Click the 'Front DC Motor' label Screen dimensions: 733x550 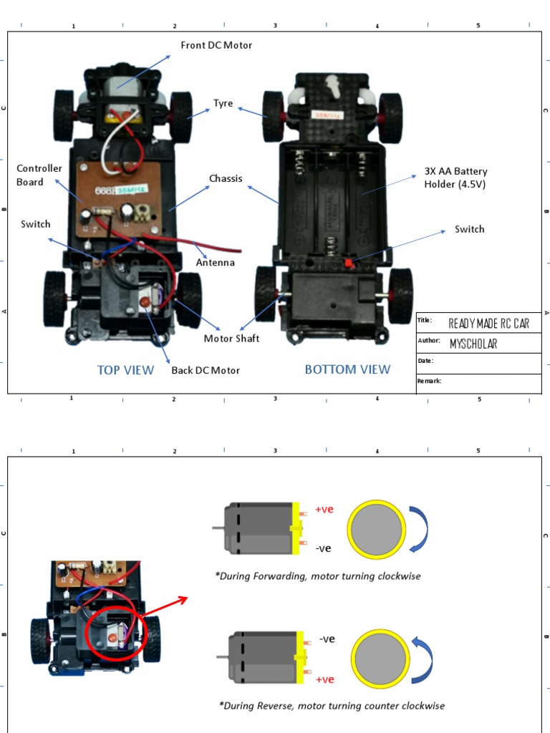point(216,45)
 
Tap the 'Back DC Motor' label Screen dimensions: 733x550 point(206,370)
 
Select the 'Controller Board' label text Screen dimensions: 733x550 point(39,175)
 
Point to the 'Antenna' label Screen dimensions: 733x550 point(216,263)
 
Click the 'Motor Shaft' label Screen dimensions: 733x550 point(232,339)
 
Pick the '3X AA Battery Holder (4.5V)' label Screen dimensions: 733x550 point(455,178)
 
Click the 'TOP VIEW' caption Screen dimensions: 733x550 point(125,370)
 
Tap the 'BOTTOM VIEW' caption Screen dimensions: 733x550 point(347,369)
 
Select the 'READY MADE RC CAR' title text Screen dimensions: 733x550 point(489,324)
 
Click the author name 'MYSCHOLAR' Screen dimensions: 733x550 point(473,344)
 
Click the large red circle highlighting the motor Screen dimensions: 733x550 point(115,630)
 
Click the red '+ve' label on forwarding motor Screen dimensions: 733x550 point(324,510)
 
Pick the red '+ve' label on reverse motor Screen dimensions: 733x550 point(325,679)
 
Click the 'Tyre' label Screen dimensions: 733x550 point(223,104)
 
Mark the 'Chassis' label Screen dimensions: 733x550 point(226,178)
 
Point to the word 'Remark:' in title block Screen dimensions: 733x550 point(430,381)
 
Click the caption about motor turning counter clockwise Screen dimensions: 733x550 point(332,706)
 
